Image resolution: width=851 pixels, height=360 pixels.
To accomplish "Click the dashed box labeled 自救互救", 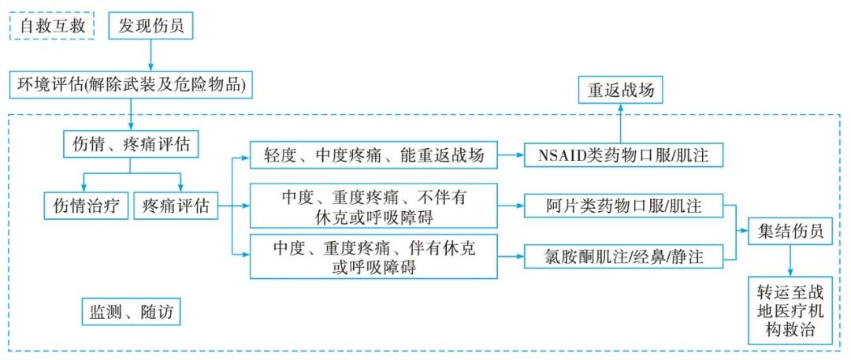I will pos(52,26).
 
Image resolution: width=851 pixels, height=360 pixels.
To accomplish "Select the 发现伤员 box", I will pos(151,26).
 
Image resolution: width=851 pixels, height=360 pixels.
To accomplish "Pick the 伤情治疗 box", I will pos(85,206).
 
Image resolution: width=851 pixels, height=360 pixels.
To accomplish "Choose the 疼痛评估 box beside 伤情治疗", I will pos(176,206).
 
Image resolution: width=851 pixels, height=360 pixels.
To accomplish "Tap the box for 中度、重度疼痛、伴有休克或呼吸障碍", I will pos(373,257).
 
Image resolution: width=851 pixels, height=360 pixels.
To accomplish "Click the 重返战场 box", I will pos(619,90).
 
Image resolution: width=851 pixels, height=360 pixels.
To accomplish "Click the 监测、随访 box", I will pos(131,313).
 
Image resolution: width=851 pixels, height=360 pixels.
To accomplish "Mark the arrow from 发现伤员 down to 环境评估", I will pos(151,55).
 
